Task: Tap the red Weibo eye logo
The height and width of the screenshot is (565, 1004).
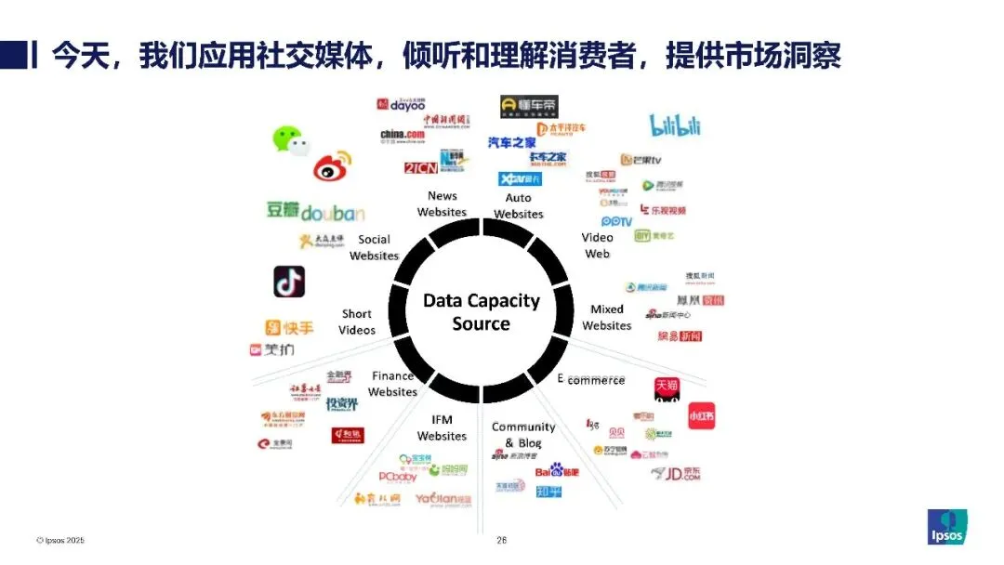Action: [332, 166]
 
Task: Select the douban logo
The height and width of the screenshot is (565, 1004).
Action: [315, 211]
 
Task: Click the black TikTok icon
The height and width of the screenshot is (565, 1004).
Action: [289, 281]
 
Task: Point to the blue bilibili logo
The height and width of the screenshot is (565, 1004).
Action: [674, 125]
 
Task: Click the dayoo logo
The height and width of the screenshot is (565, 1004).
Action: [401, 104]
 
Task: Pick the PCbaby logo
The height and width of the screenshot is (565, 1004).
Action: [398, 477]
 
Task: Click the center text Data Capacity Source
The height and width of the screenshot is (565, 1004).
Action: [481, 312]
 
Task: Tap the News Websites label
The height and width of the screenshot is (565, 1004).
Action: [442, 204]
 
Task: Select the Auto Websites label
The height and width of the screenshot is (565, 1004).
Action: [518, 205]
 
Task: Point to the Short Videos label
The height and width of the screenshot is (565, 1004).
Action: [357, 322]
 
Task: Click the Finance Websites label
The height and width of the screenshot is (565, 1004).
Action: [392, 384]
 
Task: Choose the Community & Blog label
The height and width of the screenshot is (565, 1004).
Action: [523, 434]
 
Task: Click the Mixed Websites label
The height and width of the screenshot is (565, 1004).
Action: [607, 317]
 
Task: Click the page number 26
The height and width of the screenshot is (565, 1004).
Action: [502, 540]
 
